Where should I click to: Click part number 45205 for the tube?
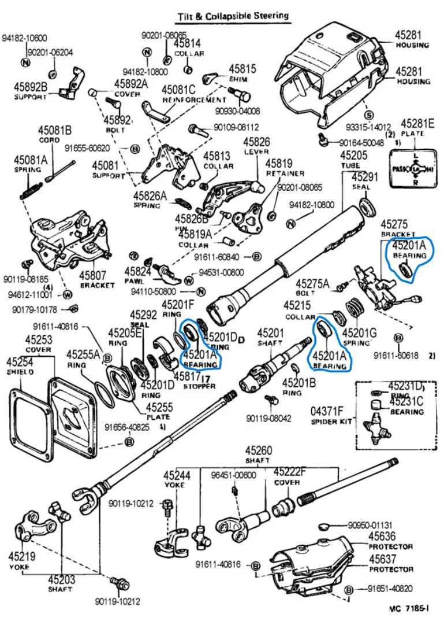click(353, 155)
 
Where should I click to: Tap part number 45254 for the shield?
click(20, 362)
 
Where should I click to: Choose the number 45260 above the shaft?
click(258, 450)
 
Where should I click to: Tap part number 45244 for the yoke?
click(177, 475)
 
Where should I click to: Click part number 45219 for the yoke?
click(22, 557)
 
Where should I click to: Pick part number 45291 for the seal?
click(364, 178)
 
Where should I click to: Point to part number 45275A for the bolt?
click(312, 283)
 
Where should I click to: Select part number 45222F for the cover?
click(290, 471)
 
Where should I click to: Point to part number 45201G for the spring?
click(359, 333)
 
